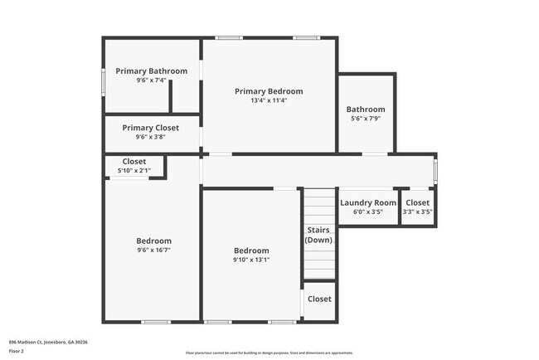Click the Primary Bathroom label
tap(151, 71)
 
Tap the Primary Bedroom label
tap(269, 91)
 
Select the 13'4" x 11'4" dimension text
tap(269, 101)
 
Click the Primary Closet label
tap(150, 128)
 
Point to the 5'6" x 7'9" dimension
tap(366, 119)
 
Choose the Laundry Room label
tap(368, 202)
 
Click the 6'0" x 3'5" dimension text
tap(368, 212)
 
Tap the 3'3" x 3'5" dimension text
tap(418, 212)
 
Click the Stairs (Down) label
tap(319, 235)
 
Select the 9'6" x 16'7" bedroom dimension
tap(154, 251)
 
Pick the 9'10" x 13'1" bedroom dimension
tap(251, 260)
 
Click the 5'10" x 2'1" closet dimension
tap(134, 171)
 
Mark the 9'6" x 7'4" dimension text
tap(151, 81)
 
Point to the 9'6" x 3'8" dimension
tap(150, 138)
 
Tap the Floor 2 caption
tap(17, 351)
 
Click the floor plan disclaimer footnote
tap(269, 353)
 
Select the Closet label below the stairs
tap(319, 299)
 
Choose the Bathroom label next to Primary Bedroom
tap(366, 109)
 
